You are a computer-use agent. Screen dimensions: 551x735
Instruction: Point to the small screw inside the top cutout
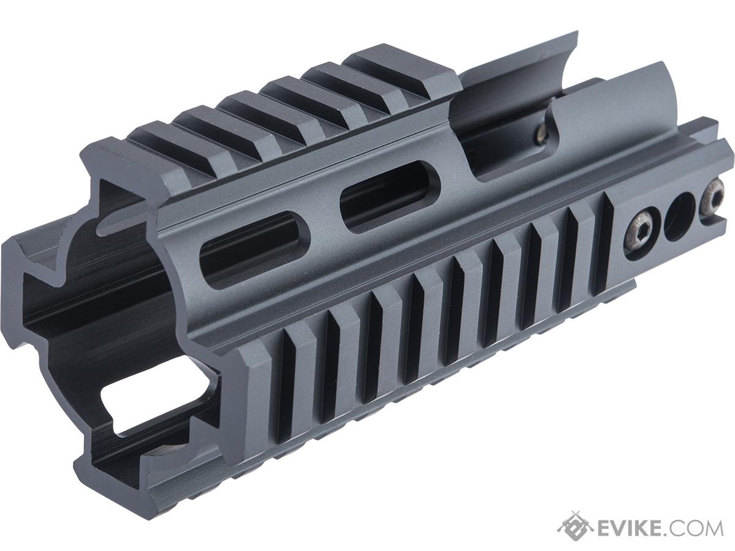[542, 133]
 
